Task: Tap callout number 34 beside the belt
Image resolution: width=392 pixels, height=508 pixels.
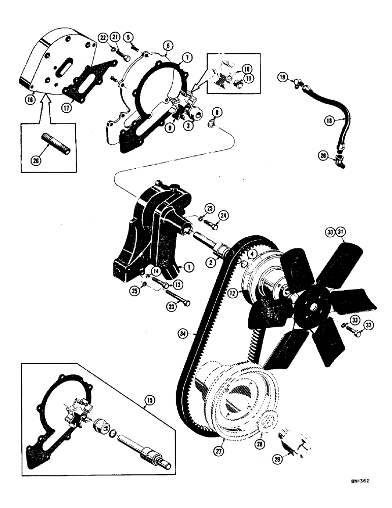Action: [x=183, y=334]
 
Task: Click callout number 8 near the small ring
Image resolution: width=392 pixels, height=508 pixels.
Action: [x=217, y=111]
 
